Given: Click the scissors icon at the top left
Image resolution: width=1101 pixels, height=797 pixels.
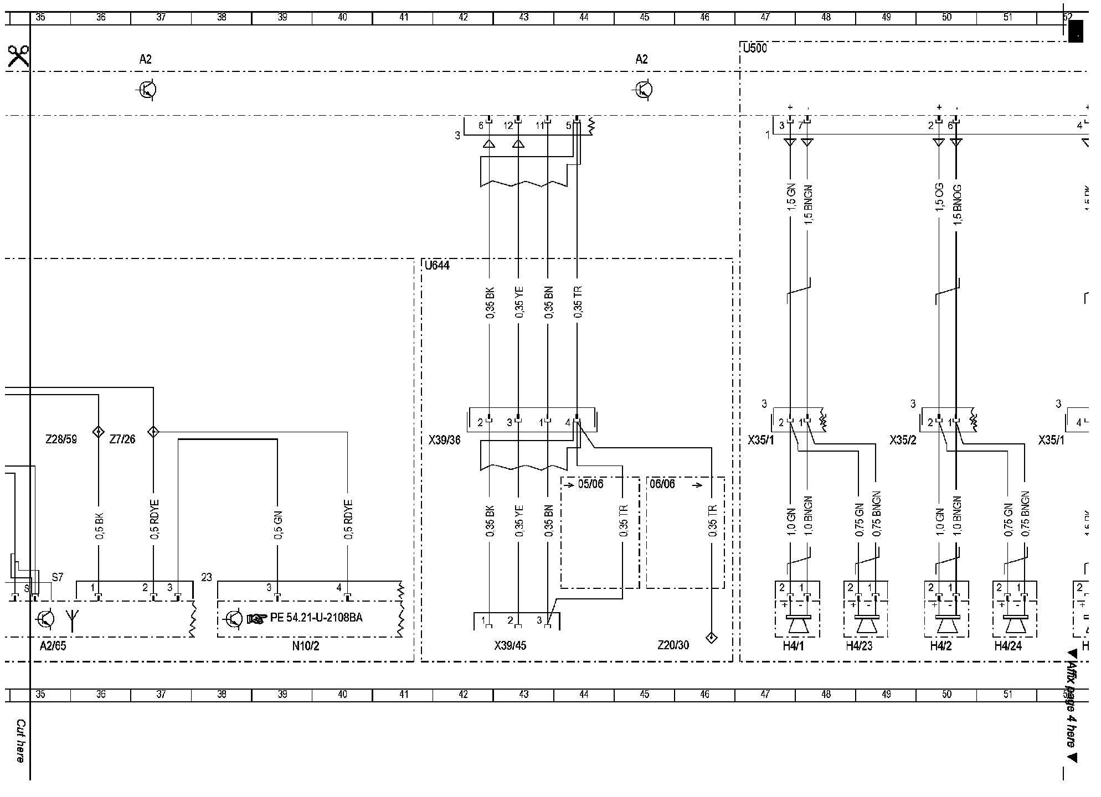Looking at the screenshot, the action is pos(18,56).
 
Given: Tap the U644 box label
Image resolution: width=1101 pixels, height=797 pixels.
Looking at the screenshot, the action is pos(437,266).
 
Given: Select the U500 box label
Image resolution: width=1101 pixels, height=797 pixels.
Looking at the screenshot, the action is pos(755,48).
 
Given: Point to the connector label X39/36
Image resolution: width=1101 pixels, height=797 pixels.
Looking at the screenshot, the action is pos(444,441).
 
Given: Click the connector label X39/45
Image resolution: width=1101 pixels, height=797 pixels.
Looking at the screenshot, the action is pos(510,645).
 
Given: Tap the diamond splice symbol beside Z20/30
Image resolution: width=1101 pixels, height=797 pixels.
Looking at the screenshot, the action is pos(712,638).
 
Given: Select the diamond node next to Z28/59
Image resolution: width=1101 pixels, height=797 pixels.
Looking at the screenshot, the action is pos(98,432).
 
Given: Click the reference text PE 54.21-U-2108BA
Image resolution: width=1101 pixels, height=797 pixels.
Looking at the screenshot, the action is pos(316,618).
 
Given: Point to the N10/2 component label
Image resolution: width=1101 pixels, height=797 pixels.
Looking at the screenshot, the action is pos(308,646).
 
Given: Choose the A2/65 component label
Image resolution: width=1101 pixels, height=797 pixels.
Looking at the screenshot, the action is pos(53,646).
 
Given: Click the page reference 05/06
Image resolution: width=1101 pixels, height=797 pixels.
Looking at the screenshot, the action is pos(590,484).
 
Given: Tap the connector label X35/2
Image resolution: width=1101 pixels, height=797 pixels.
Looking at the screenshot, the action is pos(903,441).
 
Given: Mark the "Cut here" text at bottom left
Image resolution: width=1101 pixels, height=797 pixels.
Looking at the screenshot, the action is pos(20,741).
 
